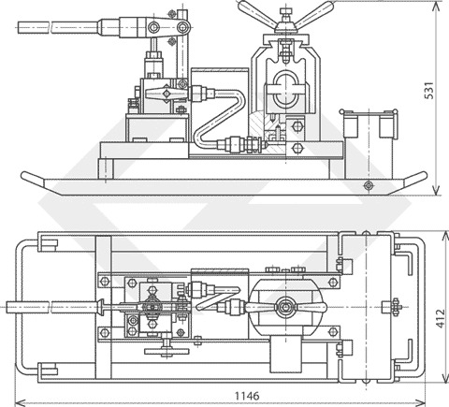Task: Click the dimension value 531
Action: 429,91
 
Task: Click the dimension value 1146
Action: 247,396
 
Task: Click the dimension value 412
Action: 441,318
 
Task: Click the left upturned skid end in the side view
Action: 33,179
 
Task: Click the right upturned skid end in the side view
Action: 414,179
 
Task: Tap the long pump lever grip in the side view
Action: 58,27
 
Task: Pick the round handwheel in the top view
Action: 167,351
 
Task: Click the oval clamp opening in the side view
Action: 286,88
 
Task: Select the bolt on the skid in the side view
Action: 369,185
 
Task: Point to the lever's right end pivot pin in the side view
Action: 182,27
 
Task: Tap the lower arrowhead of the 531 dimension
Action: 436,190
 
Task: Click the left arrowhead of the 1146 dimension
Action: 21,401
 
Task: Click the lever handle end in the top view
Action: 27,307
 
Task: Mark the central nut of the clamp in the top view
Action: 284,307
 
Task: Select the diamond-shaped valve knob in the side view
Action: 167,94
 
